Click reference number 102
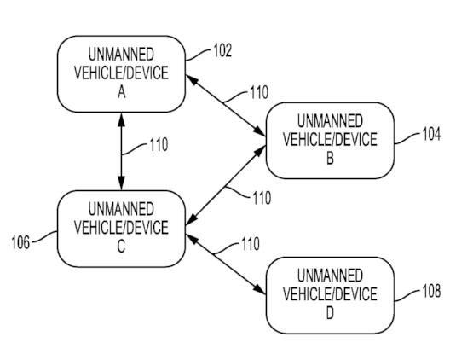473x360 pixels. [x=222, y=50]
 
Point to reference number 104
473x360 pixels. [x=431, y=134]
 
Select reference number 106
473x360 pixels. [x=20, y=242]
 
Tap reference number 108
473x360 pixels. [x=431, y=291]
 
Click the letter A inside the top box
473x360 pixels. [x=122, y=92]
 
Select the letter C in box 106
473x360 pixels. [x=121, y=247]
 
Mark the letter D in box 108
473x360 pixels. [x=330, y=313]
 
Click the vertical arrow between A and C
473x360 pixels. [x=121, y=151]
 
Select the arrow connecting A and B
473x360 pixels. [x=226, y=106]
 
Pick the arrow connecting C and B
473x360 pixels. [x=226, y=185]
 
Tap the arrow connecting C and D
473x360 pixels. [x=226, y=264]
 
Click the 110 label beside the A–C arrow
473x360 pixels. [x=159, y=145]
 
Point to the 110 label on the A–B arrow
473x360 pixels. [x=259, y=92]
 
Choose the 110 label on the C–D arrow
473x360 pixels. [x=251, y=244]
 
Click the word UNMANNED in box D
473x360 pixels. [x=330, y=276]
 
